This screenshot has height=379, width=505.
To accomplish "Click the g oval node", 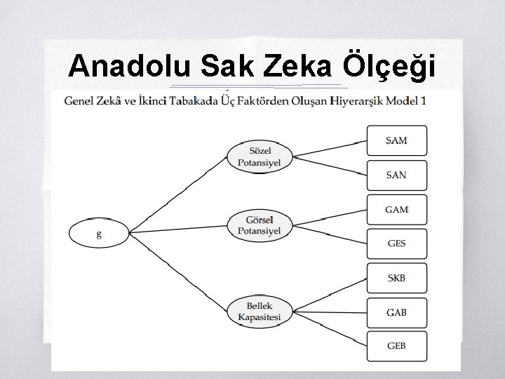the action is coord(99,234).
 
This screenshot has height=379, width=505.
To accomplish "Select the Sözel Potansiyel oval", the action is coord(260,157).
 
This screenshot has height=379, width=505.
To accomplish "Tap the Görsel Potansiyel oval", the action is coord(260,225).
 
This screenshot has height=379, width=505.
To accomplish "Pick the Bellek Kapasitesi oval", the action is coord(260,312).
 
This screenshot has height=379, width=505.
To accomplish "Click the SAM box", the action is coord(396,140).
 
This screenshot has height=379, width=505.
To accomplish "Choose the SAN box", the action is coord(396,175).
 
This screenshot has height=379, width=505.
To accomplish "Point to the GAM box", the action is coord(396,209).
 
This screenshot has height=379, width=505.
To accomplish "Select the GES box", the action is coord(396,244).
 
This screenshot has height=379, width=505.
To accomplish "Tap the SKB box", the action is coord(396,278).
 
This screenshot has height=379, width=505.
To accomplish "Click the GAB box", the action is coord(396,312).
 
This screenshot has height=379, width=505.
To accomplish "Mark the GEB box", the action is coord(396,346).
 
